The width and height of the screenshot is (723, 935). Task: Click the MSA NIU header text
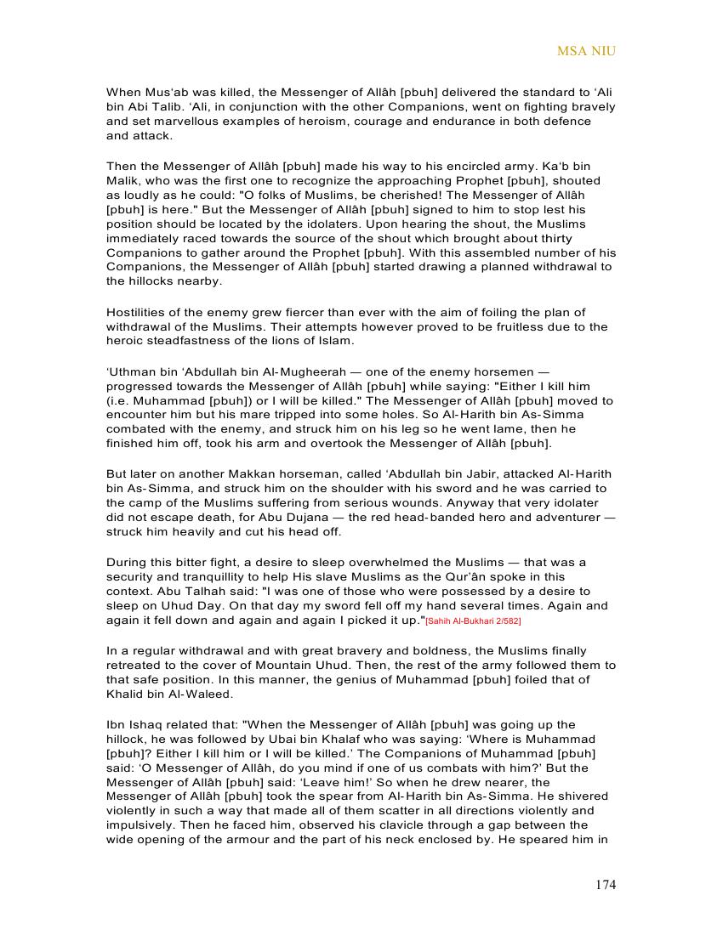(586, 51)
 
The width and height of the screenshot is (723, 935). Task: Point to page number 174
(605, 885)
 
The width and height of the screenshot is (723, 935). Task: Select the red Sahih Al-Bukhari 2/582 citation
(473, 621)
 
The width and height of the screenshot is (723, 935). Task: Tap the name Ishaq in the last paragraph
(145, 725)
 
